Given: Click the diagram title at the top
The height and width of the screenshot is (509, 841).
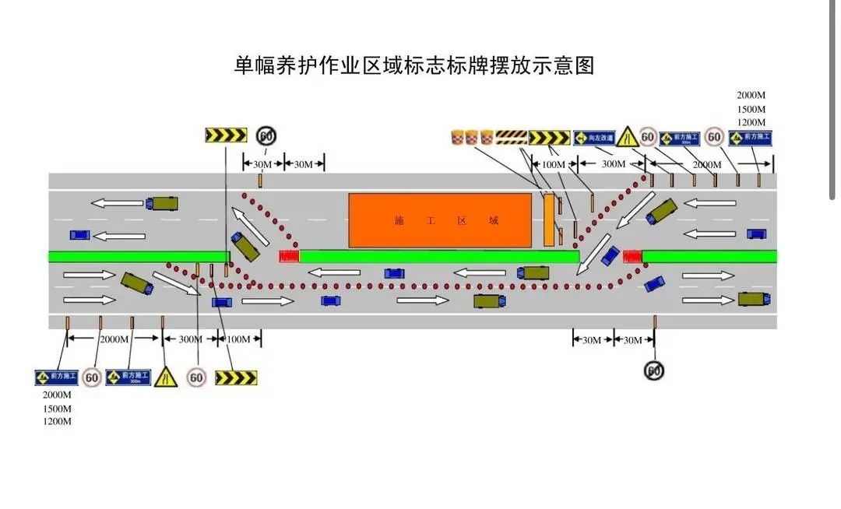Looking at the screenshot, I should coord(414,65).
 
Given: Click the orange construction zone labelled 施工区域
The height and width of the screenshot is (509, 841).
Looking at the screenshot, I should coord(445,221).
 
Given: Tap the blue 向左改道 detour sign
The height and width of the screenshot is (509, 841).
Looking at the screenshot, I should coord(594,138).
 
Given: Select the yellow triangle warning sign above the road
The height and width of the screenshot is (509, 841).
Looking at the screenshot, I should coord(626,136).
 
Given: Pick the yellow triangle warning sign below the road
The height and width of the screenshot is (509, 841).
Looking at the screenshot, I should coord(165,377).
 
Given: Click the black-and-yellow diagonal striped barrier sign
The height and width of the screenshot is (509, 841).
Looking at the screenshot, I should coord(512,138).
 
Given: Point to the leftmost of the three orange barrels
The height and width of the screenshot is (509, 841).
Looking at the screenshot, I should coord(458,138).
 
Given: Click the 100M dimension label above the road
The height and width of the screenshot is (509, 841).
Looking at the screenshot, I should coord(553,164).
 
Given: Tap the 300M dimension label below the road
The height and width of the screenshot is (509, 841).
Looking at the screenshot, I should coord(191,339).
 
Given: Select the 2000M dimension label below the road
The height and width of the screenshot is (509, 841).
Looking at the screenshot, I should coord(114,339).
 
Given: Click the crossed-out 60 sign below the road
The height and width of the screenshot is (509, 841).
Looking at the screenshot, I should coord(654,371).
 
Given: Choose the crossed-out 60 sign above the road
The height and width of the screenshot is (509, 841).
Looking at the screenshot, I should coord(266,135).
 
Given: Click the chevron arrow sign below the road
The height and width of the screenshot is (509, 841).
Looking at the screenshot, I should coord(235,378).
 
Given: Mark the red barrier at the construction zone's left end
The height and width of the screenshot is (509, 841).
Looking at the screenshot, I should coord(289,256).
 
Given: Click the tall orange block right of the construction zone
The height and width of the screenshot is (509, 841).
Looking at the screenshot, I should coord(549,220).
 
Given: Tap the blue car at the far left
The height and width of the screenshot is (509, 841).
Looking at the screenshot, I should coord(79,234).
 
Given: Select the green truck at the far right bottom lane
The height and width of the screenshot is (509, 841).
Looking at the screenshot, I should coord(753,299).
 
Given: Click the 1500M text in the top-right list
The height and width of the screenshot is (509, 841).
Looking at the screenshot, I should coord(751,109).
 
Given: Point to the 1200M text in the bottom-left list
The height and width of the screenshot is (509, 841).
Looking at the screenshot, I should coord(57,422).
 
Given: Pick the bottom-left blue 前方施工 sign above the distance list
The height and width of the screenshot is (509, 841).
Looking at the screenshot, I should coord(57,377).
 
